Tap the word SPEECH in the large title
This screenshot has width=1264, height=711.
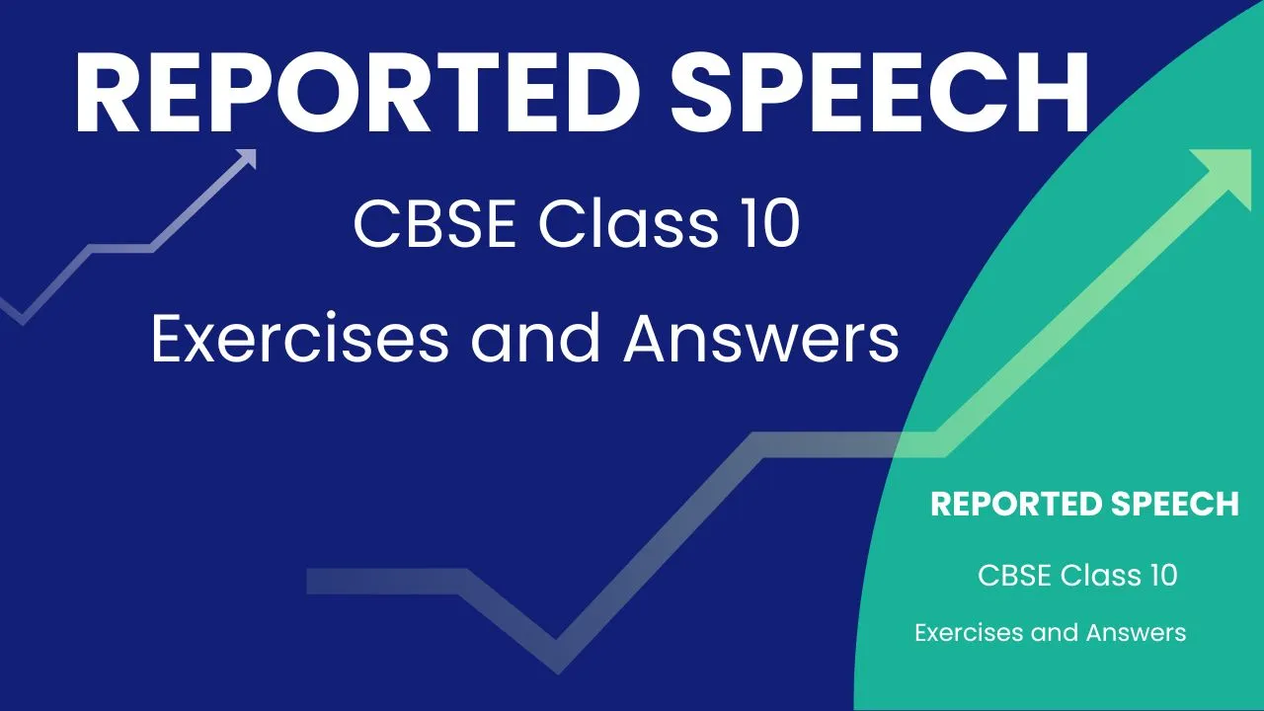[880, 93]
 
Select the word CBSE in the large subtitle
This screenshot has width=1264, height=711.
[434, 224]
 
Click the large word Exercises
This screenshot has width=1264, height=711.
[300, 339]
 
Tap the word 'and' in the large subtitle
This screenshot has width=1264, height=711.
[535, 339]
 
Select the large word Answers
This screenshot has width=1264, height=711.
[760, 339]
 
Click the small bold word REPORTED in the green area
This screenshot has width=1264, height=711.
[1016, 504]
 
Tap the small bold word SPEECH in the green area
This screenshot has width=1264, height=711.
[1176, 504]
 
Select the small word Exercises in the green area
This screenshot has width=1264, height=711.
[970, 633]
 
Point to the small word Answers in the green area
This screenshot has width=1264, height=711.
[1136, 633]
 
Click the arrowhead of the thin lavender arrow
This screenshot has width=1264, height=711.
[248, 157]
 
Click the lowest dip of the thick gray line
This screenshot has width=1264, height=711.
[556, 658]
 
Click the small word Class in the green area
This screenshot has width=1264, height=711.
[1101, 576]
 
